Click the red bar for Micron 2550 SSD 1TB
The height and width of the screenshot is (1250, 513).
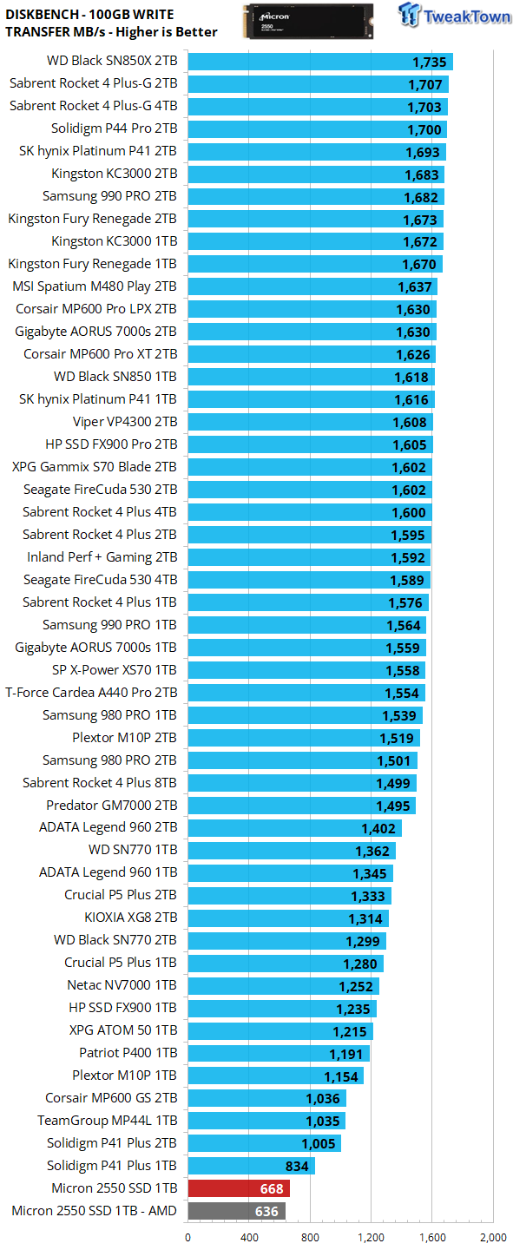coord(239,1188)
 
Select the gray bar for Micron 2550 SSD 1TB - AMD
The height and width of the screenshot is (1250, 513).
coord(237,1211)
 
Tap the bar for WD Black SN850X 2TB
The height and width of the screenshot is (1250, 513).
coord(320,62)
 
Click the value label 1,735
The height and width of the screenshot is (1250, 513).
coord(430,62)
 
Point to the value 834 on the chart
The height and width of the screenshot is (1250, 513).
coord(297,1167)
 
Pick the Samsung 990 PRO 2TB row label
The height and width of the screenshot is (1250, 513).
coord(109,196)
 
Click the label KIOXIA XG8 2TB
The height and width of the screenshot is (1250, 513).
coord(130,918)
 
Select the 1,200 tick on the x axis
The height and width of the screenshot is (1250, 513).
coord(372,1237)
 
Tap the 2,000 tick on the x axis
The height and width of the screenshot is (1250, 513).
coord(493,1237)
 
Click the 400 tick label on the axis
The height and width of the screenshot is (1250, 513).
coord(249,1237)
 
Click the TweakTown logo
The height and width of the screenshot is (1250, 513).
coord(454,15)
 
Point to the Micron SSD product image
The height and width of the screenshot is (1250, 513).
coord(308,22)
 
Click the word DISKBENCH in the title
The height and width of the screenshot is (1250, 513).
coord(42,15)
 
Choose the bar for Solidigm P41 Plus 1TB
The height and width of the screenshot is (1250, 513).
coord(252,1166)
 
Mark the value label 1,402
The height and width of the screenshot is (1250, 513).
coord(378,829)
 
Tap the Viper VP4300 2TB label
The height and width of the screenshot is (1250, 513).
coord(125,422)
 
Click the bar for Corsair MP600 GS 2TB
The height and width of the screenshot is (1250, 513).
coord(267,1098)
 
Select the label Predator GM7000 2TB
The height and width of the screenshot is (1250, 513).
coord(112,806)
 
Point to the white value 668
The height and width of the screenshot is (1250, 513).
coord(272,1188)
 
